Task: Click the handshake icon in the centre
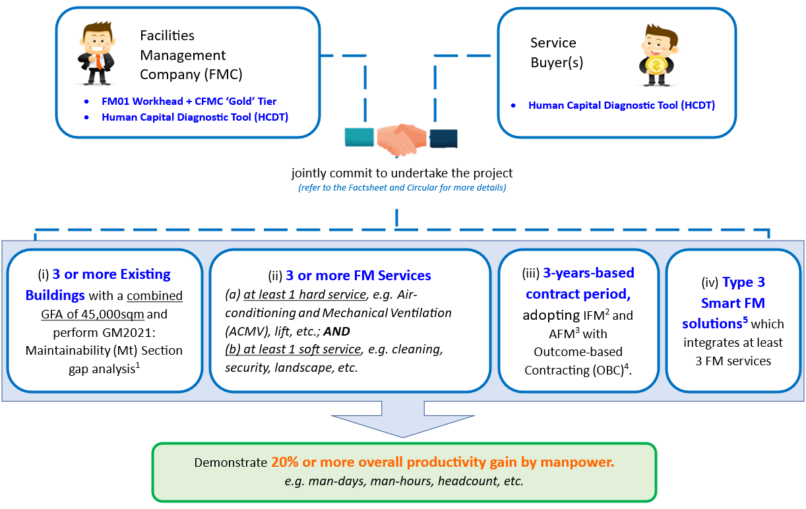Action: tap(401, 137)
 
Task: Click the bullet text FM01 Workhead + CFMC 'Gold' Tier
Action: tap(189, 102)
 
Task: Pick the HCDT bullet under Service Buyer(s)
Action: tap(621, 105)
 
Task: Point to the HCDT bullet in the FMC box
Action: tap(195, 117)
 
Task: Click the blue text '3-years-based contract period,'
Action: tap(580, 283)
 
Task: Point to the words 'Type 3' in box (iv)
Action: tap(743, 282)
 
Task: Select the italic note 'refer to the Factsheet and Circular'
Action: tap(402, 188)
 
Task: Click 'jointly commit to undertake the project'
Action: tap(402, 173)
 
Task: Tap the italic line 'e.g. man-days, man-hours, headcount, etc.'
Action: tap(404, 481)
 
